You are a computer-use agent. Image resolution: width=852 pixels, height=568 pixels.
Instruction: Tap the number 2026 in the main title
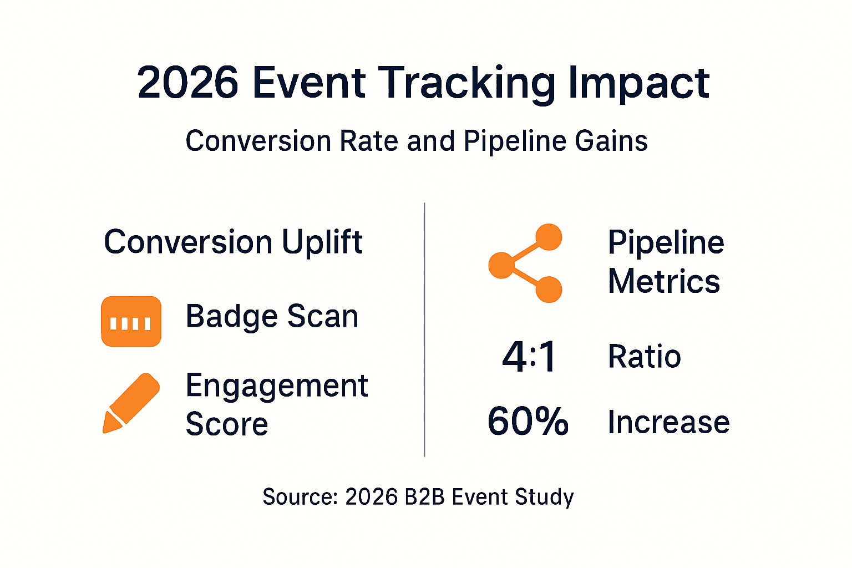(187, 83)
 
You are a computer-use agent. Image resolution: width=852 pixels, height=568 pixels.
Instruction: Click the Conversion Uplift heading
(233, 242)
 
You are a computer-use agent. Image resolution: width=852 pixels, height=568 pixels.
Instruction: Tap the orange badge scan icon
(131, 322)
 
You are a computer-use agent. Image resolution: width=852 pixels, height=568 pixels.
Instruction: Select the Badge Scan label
(272, 317)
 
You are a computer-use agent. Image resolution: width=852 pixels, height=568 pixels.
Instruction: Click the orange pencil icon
(131, 403)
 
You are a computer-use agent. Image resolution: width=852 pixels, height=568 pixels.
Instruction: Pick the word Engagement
(276, 386)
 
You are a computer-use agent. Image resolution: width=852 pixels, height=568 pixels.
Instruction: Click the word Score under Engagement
(226, 424)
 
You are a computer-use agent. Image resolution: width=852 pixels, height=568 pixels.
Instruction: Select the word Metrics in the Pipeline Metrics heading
(663, 281)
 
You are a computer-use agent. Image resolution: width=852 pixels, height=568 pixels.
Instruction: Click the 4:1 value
(529, 357)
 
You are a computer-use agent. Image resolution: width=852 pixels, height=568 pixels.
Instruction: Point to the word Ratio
(644, 357)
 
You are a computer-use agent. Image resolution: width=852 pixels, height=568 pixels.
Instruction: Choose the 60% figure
(528, 422)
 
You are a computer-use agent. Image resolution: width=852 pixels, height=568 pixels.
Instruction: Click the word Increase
(668, 423)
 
